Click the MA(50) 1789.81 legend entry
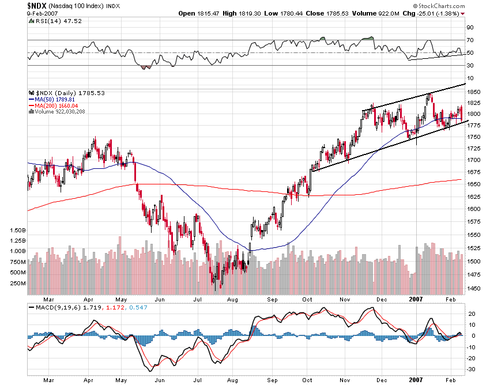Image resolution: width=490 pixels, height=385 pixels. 51,99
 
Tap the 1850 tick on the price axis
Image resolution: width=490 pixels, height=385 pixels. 474,92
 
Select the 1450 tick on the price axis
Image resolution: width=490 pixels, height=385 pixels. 474,288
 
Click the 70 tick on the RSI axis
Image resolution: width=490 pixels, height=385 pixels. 470,40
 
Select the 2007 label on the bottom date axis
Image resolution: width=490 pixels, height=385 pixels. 417,300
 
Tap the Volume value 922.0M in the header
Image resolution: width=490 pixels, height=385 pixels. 381,13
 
